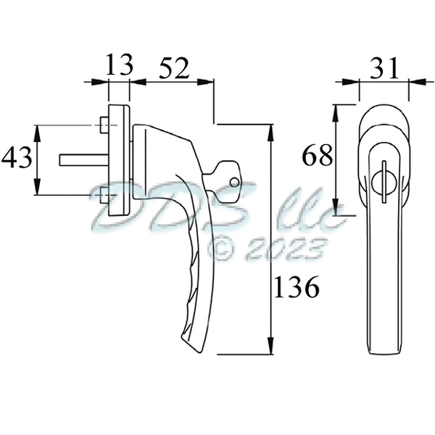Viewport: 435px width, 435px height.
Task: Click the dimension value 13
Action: (119, 65)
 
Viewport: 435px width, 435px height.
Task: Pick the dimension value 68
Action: (318, 155)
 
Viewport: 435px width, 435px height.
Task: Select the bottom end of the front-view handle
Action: (382, 349)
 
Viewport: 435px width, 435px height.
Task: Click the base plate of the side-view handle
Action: (119, 159)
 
